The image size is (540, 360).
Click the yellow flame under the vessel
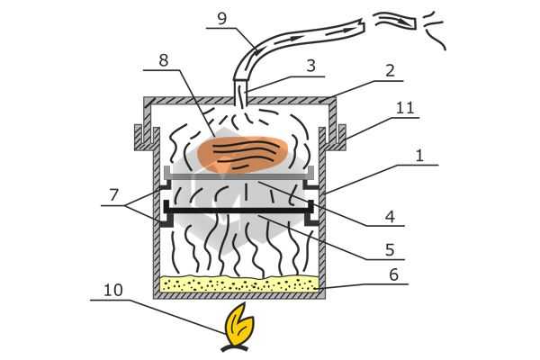tap(238, 327)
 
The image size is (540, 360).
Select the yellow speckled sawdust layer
tap(239, 283)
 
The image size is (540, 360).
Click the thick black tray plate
tap(239, 211)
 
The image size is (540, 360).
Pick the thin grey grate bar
tap(239, 176)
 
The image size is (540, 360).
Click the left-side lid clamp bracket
tap(144, 137)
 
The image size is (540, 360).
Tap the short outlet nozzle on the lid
tap(240, 92)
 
